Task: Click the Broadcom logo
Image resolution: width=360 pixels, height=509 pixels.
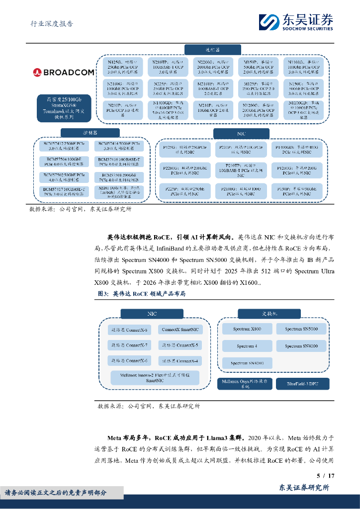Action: tap(64, 73)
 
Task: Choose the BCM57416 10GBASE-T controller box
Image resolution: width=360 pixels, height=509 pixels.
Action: tap(119, 161)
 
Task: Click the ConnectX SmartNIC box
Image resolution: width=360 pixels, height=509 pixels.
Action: tap(180, 329)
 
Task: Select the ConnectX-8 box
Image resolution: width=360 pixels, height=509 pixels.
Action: tap(129, 330)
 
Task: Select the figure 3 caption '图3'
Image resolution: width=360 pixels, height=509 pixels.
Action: tap(103, 294)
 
